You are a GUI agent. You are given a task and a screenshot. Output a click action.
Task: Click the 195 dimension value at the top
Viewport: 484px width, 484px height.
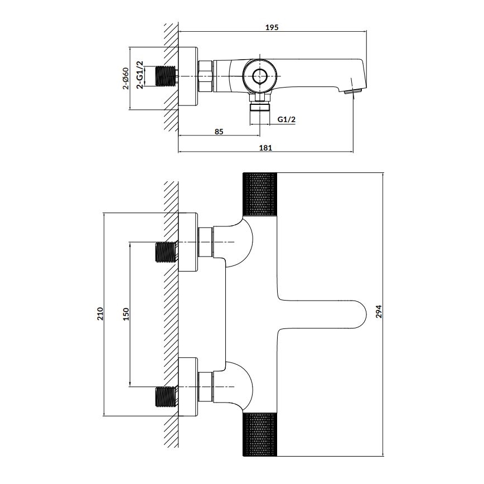point(272,27)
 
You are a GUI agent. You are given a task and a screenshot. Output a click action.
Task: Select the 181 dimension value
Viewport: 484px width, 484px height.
point(265,147)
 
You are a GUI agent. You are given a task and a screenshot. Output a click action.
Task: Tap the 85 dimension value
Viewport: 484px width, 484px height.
point(219,132)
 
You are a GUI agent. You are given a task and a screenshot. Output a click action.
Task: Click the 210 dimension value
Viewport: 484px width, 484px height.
point(100,314)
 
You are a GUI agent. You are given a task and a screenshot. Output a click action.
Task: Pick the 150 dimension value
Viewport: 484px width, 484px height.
point(126,314)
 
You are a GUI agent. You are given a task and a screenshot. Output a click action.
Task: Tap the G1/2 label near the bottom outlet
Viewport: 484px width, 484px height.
point(286,119)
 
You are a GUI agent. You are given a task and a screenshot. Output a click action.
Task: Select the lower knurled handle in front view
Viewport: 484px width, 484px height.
point(260,434)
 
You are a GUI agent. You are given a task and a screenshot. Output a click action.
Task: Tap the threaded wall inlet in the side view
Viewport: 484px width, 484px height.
point(166,76)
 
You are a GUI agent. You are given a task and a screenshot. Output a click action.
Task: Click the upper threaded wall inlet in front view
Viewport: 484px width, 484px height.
point(166,252)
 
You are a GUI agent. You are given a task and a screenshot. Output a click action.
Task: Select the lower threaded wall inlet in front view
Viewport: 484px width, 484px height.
point(166,396)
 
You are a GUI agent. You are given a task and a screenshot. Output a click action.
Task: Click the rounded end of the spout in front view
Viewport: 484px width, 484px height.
point(357,314)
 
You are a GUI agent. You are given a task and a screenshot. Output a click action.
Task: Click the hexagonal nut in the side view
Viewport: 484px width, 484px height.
point(205,76)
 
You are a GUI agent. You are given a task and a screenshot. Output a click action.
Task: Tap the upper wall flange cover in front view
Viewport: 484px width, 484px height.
point(188,242)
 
